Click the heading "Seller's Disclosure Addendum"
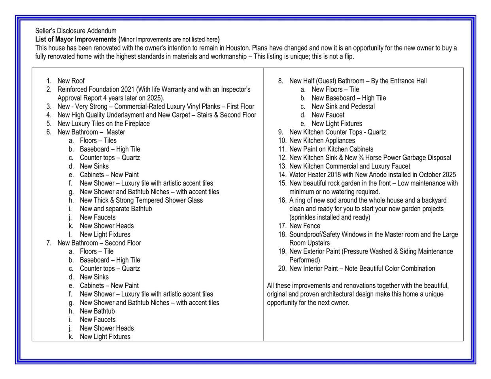click(x=76, y=31)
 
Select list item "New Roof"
click(x=71, y=81)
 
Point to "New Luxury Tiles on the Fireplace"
click(x=104, y=124)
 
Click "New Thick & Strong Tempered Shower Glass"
click(x=141, y=200)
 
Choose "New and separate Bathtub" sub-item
click(x=115, y=209)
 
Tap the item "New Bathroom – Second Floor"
click(x=99, y=243)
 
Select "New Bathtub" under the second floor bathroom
click(x=97, y=311)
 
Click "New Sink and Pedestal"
click(x=343, y=107)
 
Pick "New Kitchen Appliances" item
click(x=322, y=141)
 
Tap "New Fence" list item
click(x=304, y=226)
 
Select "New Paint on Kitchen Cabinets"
click(x=331, y=149)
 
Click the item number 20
click(x=282, y=268)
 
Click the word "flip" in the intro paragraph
click(x=348, y=56)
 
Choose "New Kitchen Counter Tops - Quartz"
click(x=337, y=132)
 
